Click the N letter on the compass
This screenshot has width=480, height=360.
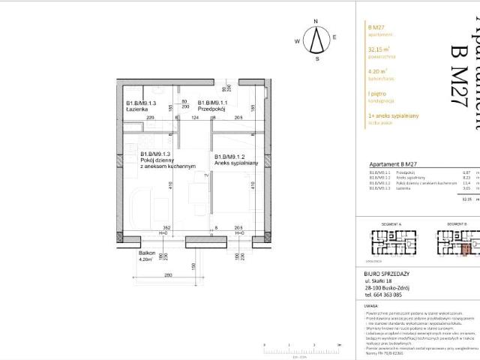pyautogui.click(x=318, y=22)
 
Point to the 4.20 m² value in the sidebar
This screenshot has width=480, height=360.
pyautogui.click(x=378, y=73)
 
